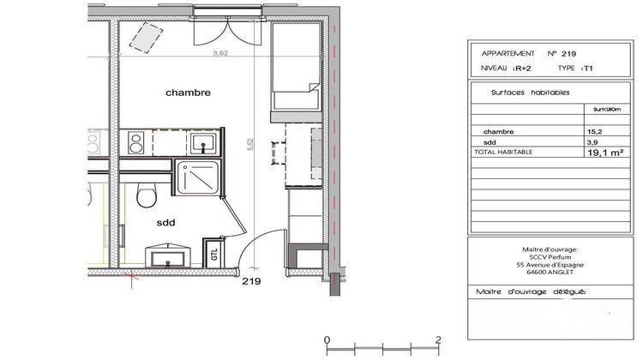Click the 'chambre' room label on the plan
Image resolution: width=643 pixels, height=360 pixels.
tap(188, 92)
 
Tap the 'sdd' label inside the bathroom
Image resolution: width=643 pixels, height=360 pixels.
tap(165, 222)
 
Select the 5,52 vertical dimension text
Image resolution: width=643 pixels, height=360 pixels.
tap(250, 147)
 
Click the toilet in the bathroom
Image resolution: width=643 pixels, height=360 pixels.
tap(146, 196)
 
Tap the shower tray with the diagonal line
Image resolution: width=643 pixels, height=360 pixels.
tap(197, 177)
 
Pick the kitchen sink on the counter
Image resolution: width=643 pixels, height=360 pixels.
tap(202, 142)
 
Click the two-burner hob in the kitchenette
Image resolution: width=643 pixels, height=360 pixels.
tap(135, 142)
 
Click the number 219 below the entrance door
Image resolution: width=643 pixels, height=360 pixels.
tap(251, 281)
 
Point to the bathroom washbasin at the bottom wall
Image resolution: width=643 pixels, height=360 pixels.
tap(165, 255)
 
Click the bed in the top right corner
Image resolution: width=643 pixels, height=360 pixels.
tap(296, 69)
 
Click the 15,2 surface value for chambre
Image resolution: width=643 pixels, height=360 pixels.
tap(592, 131)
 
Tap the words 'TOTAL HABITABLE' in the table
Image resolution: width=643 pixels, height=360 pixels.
tap(503, 151)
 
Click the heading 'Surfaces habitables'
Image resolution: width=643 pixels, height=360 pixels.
tap(530, 92)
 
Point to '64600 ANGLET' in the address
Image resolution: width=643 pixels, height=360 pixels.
tap(550, 276)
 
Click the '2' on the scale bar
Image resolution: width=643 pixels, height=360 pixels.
tap(438, 339)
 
